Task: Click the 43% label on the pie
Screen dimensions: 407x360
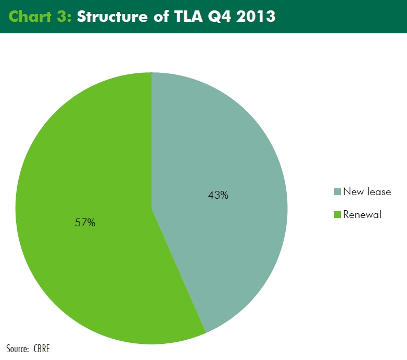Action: tap(218, 195)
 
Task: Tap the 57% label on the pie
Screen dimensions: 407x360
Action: tap(85, 223)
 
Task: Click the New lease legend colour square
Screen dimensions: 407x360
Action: tap(337, 191)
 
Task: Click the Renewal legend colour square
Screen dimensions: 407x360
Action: tap(337, 214)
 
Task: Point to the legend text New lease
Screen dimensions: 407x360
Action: tap(367, 191)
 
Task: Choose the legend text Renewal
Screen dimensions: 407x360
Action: tap(362, 214)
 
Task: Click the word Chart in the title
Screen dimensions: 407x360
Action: tap(30, 16)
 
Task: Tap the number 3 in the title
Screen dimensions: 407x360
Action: tap(61, 17)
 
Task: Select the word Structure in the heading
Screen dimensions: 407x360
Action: tap(112, 16)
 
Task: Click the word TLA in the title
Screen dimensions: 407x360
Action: tap(188, 16)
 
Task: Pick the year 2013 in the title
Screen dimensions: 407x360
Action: tap(256, 17)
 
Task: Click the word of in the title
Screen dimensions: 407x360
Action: tap(161, 16)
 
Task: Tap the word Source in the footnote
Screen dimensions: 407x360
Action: tap(17, 349)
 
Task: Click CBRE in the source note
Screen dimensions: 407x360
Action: tap(42, 349)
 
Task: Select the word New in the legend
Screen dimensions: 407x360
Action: tap(353, 191)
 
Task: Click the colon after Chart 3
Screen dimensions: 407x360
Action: tap(69, 18)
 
